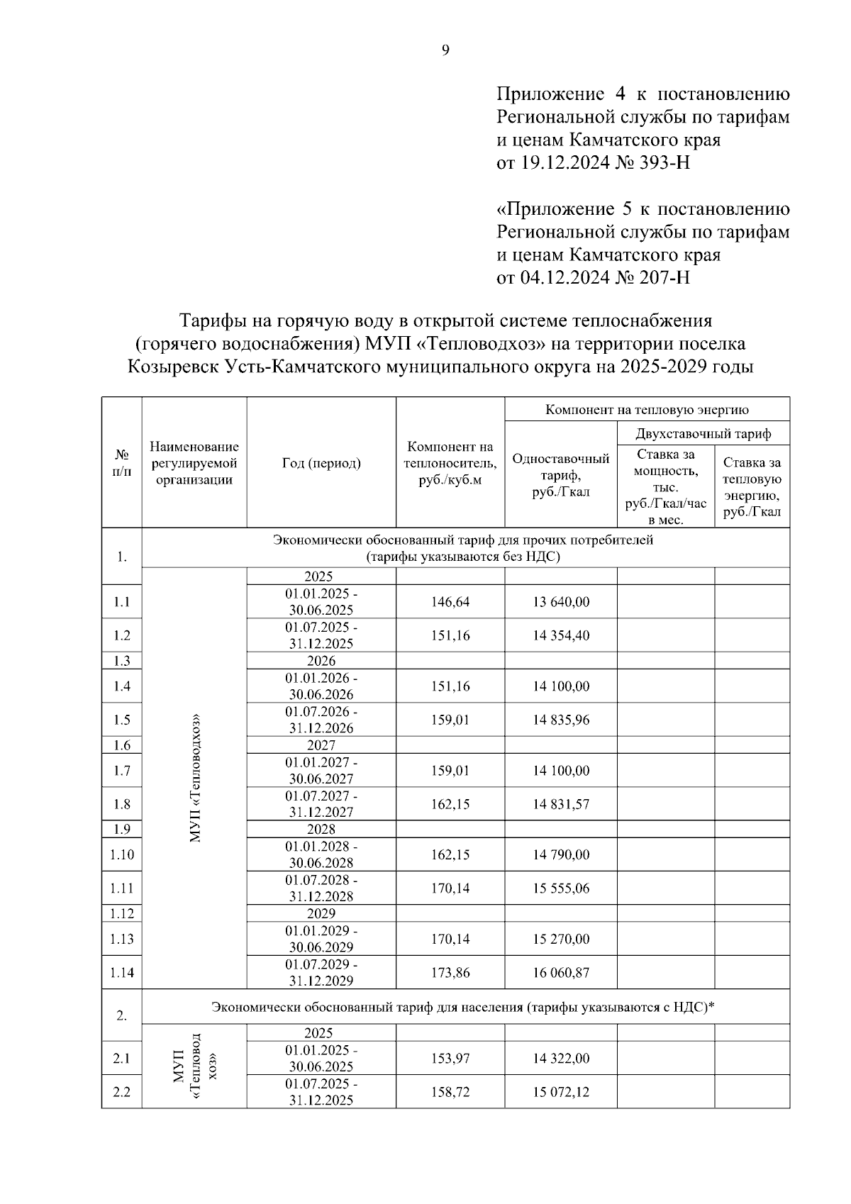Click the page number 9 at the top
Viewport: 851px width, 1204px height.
(x=445, y=50)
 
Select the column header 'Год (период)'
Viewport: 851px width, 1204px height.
(x=321, y=463)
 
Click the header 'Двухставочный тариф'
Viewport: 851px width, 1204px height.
(x=703, y=433)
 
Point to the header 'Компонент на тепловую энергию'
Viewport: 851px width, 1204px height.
(x=647, y=410)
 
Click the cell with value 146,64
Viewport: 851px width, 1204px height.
(x=450, y=602)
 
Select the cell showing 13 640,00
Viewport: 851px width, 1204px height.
(x=561, y=602)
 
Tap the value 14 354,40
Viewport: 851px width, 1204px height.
(x=561, y=635)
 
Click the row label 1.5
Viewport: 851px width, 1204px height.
(x=122, y=720)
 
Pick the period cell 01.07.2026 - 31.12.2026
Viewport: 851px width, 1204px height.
(x=321, y=720)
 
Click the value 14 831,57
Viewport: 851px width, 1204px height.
(x=561, y=804)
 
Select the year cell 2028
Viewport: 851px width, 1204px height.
(x=321, y=829)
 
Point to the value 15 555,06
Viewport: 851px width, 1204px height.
(x=561, y=888)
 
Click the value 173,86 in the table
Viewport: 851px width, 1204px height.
(x=450, y=973)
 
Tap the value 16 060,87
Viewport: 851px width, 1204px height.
(x=561, y=973)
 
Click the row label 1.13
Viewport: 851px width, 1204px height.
(x=122, y=939)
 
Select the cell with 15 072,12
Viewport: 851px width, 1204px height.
(x=561, y=1092)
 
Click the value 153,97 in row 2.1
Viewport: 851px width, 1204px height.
(x=450, y=1059)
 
